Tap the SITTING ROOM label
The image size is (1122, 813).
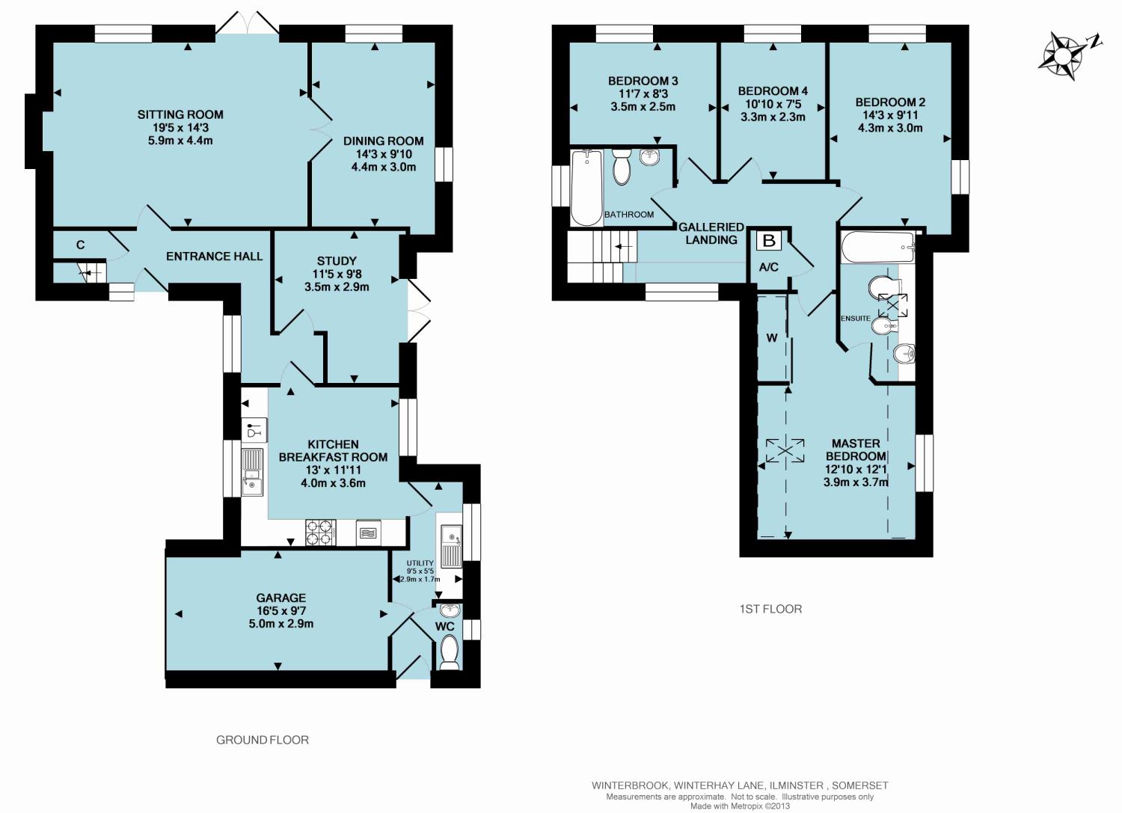(180, 114)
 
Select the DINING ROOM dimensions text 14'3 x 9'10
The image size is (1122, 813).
(384, 154)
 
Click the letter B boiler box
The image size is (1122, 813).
(769, 241)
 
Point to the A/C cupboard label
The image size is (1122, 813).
(769, 268)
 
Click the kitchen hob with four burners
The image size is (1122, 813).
(321, 532)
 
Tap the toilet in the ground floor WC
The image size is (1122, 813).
(450, 652)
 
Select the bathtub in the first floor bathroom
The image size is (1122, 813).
(587, 188)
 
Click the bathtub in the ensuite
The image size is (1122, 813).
(877, 247)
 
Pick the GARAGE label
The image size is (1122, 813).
(281, 598)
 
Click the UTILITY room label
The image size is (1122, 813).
(420, 563)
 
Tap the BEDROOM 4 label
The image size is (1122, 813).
(773, 91)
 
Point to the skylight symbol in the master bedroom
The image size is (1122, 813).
(785, 450)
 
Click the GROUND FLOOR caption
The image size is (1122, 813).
(263, 740)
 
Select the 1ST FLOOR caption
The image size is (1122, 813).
(771, 609)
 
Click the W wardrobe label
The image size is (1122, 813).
(772, 338)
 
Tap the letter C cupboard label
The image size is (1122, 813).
(80, 245)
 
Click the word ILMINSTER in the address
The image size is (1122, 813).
(797, 785)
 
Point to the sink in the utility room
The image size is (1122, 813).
(452, 546)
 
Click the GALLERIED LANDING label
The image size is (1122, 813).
(711, 233)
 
